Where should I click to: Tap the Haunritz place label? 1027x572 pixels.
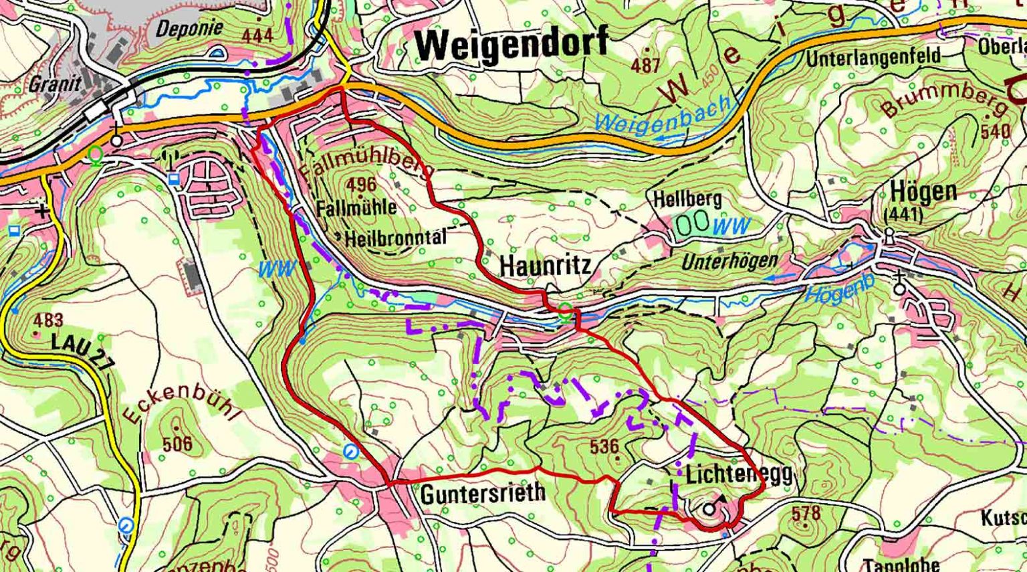pos(545,266)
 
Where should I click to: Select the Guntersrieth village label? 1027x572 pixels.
pos(483,494)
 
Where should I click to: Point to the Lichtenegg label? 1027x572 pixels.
pos(739,474)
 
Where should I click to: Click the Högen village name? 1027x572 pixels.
pos(923,193)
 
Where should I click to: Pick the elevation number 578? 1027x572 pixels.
pos(805,514)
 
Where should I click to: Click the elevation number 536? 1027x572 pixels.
pos(604,446)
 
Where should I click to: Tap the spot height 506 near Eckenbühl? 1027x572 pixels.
pos(177,443)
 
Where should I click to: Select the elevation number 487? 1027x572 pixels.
pos(645,66)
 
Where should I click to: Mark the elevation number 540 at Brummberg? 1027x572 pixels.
pos(995,131)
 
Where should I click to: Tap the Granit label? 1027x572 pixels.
pos(55,84)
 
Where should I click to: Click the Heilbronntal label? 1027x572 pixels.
pos(394,237)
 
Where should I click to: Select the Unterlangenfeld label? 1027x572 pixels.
pos(873,58)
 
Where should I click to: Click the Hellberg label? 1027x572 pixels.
pos(687,199)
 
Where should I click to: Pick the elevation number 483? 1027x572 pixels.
pos(48,320)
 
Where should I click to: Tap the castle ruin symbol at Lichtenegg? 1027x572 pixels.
pos(710,508)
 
